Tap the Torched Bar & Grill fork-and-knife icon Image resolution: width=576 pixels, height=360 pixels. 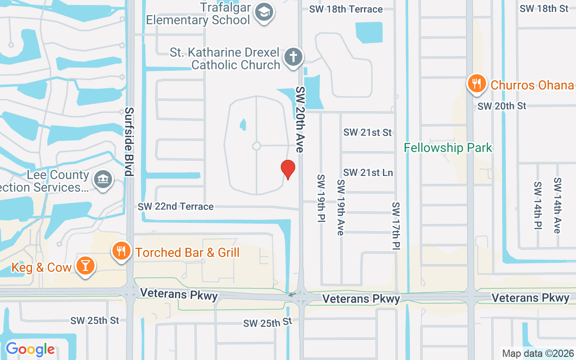[121, 251]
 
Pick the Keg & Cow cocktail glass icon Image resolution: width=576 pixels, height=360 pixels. [85, 265]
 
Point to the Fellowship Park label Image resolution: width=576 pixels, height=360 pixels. [448, 148]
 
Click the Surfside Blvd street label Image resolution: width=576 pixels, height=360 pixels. [129, 142]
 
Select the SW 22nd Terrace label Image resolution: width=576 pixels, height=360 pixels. [175, 207]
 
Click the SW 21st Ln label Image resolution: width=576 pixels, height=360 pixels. [368, 173]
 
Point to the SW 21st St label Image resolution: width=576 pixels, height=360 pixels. [367, 132]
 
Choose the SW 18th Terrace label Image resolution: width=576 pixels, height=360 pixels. [346, 9]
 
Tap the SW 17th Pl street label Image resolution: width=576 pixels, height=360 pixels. [396, 225]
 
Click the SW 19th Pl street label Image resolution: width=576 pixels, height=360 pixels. [321, 199]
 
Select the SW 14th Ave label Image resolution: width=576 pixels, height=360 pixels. [558, 205]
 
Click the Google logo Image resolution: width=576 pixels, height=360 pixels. [30, 349]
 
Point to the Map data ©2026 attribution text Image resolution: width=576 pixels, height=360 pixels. [538, 353]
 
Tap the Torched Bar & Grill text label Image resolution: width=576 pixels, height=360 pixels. [187, 252]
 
